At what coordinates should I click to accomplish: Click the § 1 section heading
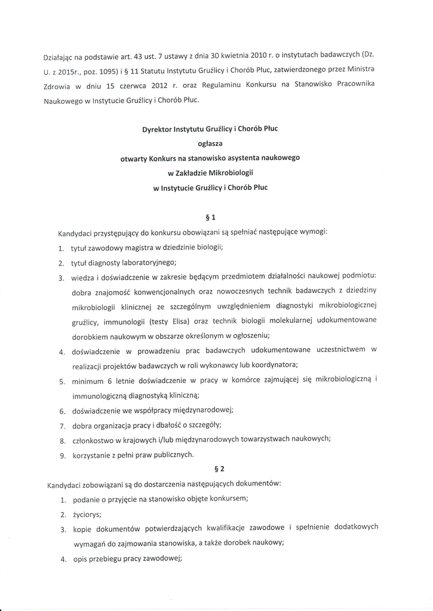point(210,217)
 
